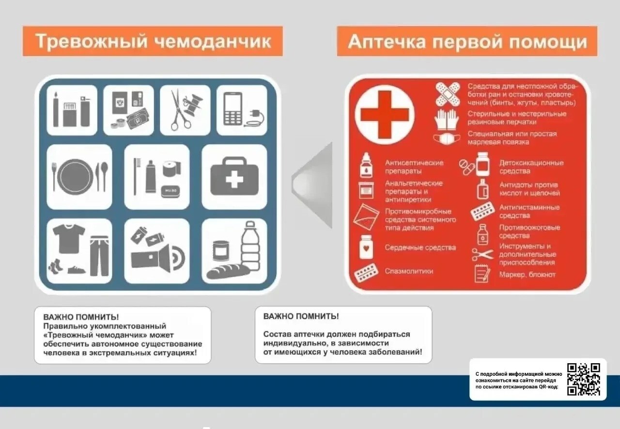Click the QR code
(x=584, y=379)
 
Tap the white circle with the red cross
(x=385, y=115)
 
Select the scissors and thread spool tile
(x=185, y=110)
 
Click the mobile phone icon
(x=233, y=109)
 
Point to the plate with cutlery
(x=79, y=177)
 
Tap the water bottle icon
(x=250, y=246)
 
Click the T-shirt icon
(x=69, y=239)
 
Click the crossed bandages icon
(x=448, y=94)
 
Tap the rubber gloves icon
(x=446, y=119)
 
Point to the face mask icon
(x=447, y=139)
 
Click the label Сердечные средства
(x=420, y=248)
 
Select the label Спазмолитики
(x=409, y=271)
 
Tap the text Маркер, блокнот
(x=527, y=275)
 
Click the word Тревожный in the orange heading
(x=92, y=41)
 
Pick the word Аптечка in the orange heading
(x=387, y=42)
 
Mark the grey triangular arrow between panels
(x=312, y=185)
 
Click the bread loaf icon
(x=228, y=271)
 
